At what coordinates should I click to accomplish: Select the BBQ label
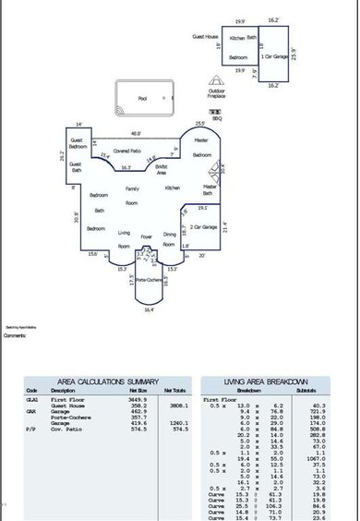218,117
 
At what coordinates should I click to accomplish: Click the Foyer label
146,236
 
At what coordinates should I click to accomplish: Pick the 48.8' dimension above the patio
136,130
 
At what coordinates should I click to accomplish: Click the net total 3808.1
178,405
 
